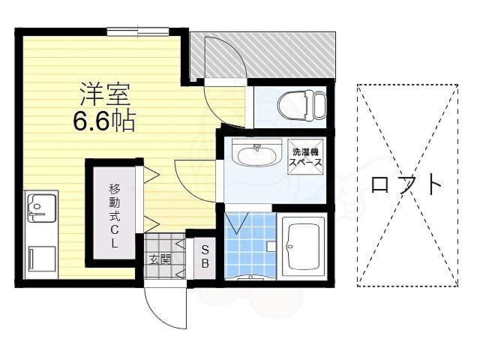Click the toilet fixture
[x=302, y=106]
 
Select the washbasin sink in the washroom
[x=256, y=155]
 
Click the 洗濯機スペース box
[x=307, y=156]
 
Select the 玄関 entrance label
[x=159, y=259]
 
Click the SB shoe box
[x=204, y=257]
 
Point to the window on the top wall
[x=138, y=31]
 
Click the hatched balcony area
[x=292, y=55]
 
